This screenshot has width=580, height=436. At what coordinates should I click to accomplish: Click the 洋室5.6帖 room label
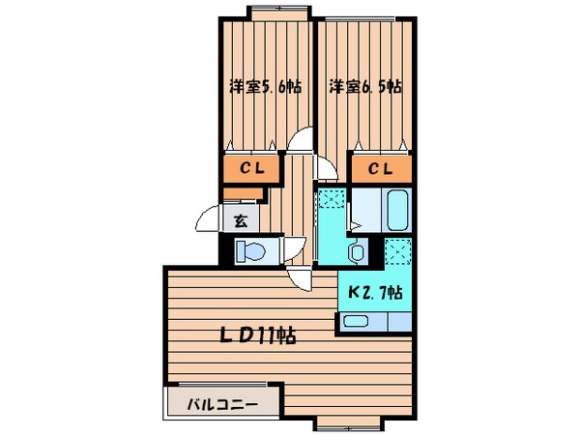[x=264, y=87]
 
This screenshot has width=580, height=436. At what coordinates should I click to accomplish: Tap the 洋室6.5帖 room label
[x=364, y=87]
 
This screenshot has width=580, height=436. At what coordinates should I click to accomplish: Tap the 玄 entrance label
[x=241, y=219]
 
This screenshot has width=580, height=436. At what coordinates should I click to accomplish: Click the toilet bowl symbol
[x=250, y=251]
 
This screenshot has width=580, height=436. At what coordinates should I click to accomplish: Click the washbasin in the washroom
[x=356, y=253]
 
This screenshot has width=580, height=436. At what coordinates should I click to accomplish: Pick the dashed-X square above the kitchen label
[x=398, y=252]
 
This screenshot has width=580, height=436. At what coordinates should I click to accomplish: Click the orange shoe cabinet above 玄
[x=246, y=194]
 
